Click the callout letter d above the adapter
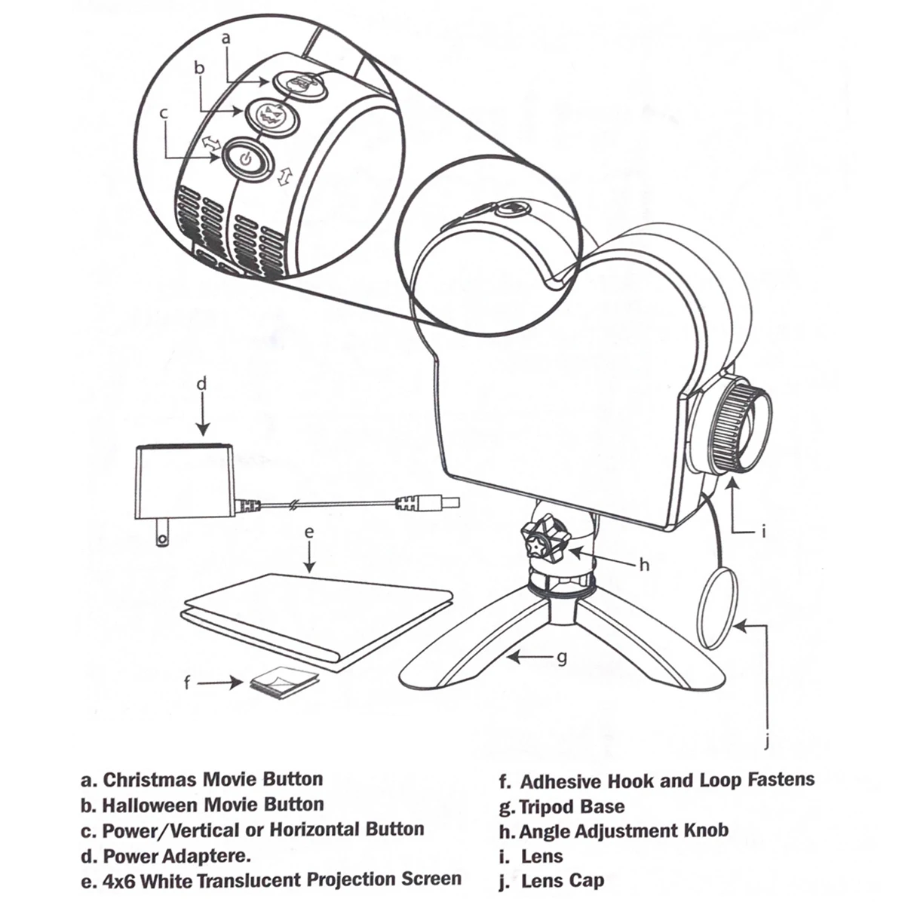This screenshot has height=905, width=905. [x=201, y=384]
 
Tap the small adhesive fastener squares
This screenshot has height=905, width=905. [x=284, y=683]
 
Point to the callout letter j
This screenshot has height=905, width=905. [x=767, y=744]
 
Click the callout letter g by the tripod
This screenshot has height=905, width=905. [x=562, y=658]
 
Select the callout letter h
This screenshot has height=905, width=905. [x=644, y=565]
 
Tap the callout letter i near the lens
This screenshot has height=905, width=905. [x=764, y=532]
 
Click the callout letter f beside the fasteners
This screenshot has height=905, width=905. [x=187, y=684]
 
